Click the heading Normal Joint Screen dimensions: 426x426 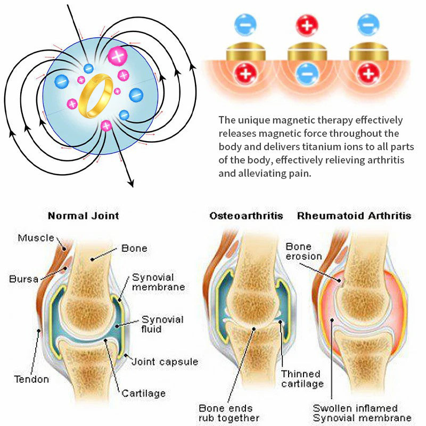(84, 216)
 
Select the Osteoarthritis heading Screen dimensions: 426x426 (246, 216)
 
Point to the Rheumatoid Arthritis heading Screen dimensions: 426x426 (354, 216)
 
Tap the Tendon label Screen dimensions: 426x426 (31, 379)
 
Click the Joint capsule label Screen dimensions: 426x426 (165, 362)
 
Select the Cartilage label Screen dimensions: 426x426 (143, 394)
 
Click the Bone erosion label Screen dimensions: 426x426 (304, 251)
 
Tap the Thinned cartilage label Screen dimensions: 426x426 (301, 379)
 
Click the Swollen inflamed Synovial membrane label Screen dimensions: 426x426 (362, 412)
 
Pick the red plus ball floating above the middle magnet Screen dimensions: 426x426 (306, 24)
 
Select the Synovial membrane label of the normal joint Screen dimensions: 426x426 (159, 282)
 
